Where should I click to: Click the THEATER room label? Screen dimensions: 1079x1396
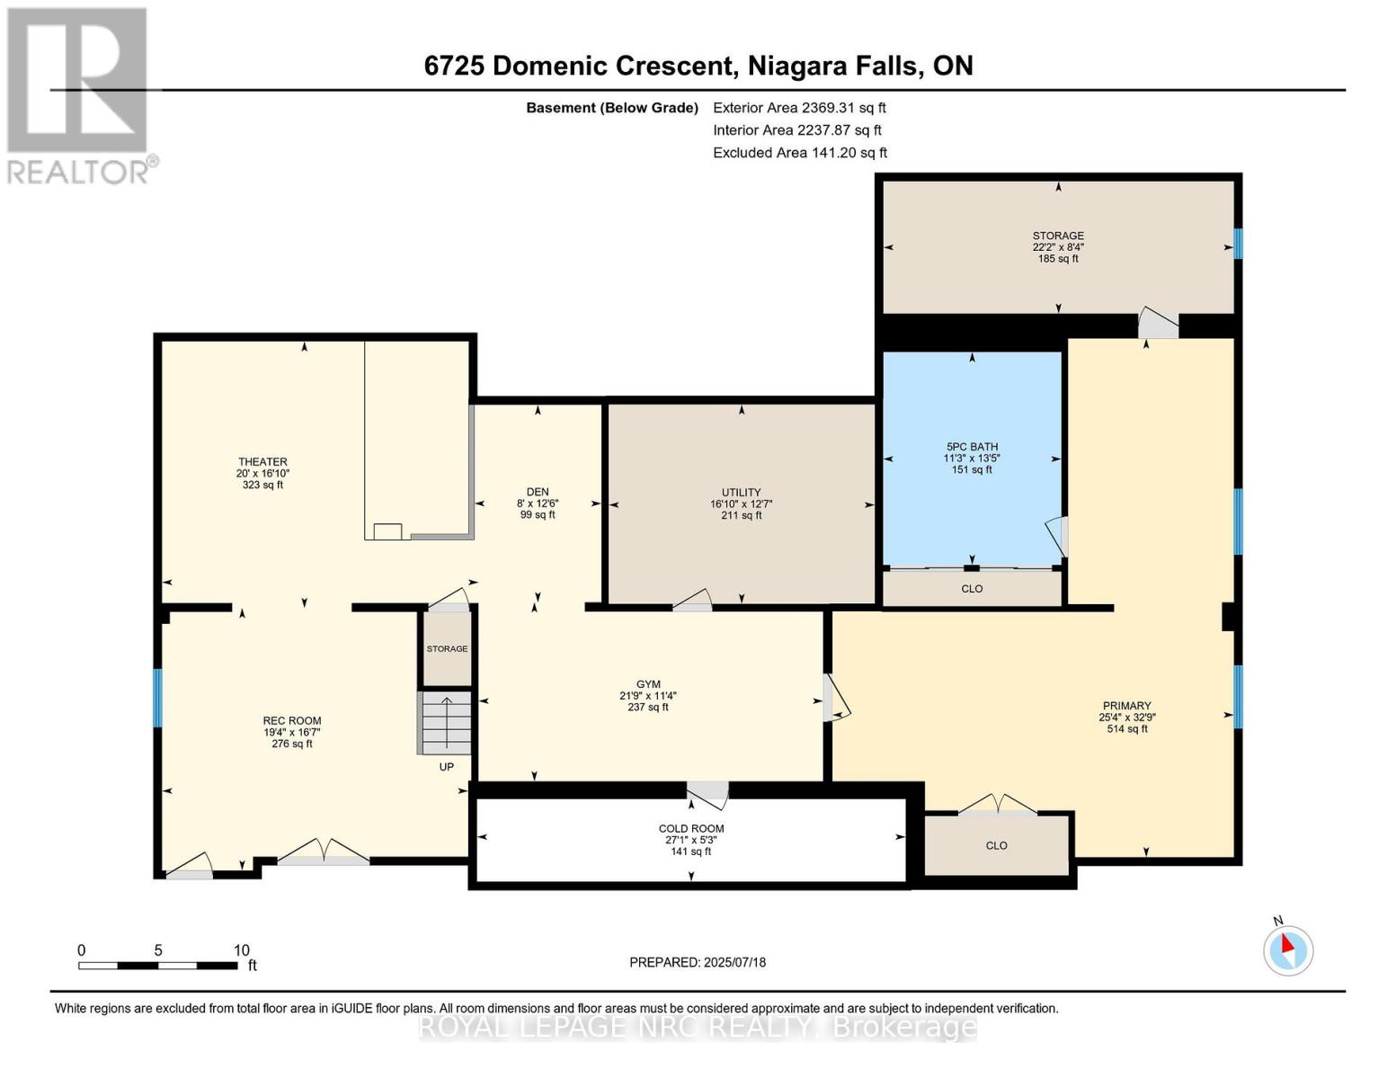click(x=262, y=462)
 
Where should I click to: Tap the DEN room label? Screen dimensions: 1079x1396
click(x=538, y=492)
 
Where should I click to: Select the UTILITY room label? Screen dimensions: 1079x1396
click(x=741, y=493)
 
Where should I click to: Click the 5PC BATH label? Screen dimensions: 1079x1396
click(x=972, y=447)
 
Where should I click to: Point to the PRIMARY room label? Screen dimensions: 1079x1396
click(x=1126, y=706)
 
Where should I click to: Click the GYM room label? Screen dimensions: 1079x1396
click(x=647, y=684)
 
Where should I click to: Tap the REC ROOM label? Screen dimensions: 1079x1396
click(x=291, y=721)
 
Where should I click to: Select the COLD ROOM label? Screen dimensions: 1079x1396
click(x=690, y=829)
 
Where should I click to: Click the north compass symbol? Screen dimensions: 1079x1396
click(x=1287, y=950)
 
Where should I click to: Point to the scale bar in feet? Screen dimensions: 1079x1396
click(x=158, y=966)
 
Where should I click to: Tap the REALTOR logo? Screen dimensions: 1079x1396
click(x=79, y=94)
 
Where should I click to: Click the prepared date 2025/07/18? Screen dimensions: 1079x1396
click(x=698, y=962)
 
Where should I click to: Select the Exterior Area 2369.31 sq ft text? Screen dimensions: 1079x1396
click(x=799, y=108)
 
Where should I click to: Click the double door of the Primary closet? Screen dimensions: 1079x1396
click(x=997, y=804)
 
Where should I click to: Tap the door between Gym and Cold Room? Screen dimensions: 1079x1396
click(x=708, y=791)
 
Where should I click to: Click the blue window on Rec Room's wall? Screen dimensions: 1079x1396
click(x=157, y=698)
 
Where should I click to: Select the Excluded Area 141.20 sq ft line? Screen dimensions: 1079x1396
click(x=799, y=153)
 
